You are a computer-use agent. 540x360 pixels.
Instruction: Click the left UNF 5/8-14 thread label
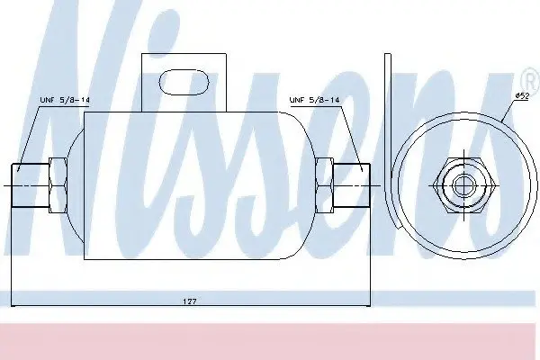65,100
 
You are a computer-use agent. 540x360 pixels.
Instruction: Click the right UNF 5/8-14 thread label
314,100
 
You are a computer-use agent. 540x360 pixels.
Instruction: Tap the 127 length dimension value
189,301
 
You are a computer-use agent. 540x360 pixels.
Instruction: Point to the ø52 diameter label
522,96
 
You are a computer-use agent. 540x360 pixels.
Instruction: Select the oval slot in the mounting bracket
184,82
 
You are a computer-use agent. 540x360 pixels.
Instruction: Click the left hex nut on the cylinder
58,185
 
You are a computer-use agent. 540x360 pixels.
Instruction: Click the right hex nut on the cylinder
324,185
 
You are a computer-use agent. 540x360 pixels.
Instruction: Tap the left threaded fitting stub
31,185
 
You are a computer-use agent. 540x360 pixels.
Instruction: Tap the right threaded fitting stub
352,185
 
